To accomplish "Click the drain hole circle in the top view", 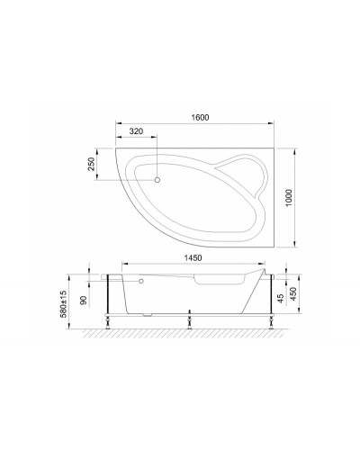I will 157,179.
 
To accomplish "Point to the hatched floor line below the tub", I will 189,334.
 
